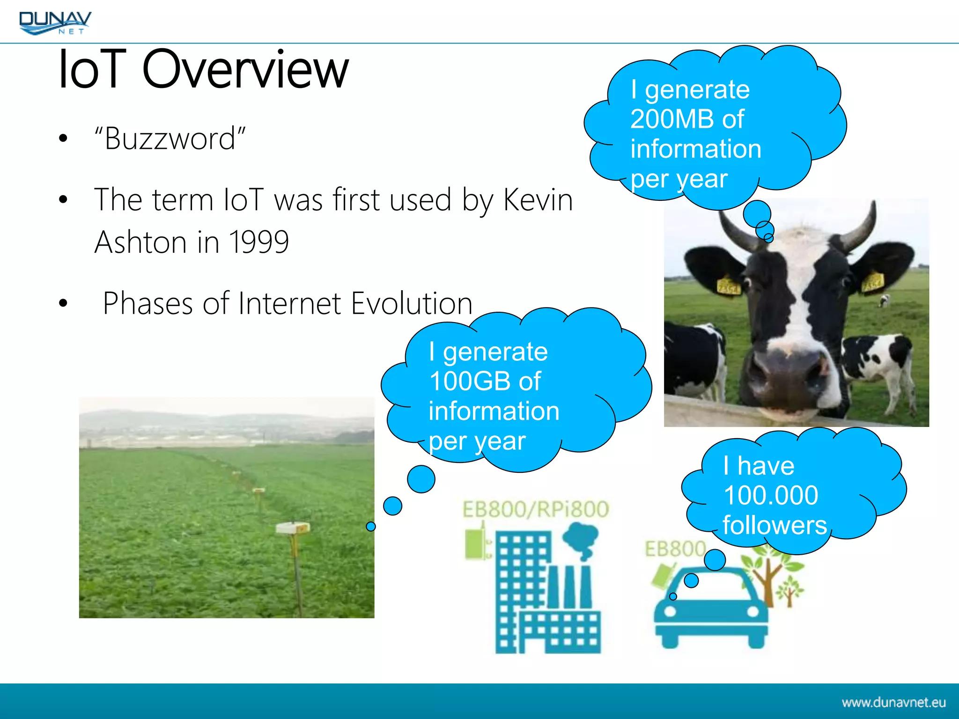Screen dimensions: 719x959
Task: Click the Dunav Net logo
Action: [55, 22]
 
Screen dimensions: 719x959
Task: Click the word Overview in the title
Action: [245, 70]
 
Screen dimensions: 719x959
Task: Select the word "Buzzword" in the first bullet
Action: [170, 139]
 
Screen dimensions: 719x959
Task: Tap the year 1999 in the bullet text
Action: [258, 242]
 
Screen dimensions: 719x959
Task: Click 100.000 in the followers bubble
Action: [770, 496]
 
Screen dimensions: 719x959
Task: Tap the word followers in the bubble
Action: [774, 525]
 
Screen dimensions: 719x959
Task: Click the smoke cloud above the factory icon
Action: [581, 538]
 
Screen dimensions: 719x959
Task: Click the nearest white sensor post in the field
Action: [293, 529]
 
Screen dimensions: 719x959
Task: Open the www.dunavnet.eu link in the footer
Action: [893, 703]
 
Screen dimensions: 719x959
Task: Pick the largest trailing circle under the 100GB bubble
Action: [421, 479]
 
